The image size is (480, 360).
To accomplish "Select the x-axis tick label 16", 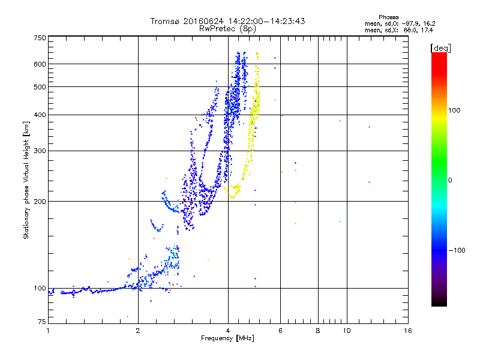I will click(407, 331).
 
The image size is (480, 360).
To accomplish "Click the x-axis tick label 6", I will click(280, 331).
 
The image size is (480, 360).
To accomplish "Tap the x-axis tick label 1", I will click(48, 331).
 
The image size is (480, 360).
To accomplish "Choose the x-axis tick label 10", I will click(346, 331).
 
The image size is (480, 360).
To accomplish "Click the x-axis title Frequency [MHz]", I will click(227, 339).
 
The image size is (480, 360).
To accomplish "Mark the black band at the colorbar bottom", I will click(439, 304).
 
